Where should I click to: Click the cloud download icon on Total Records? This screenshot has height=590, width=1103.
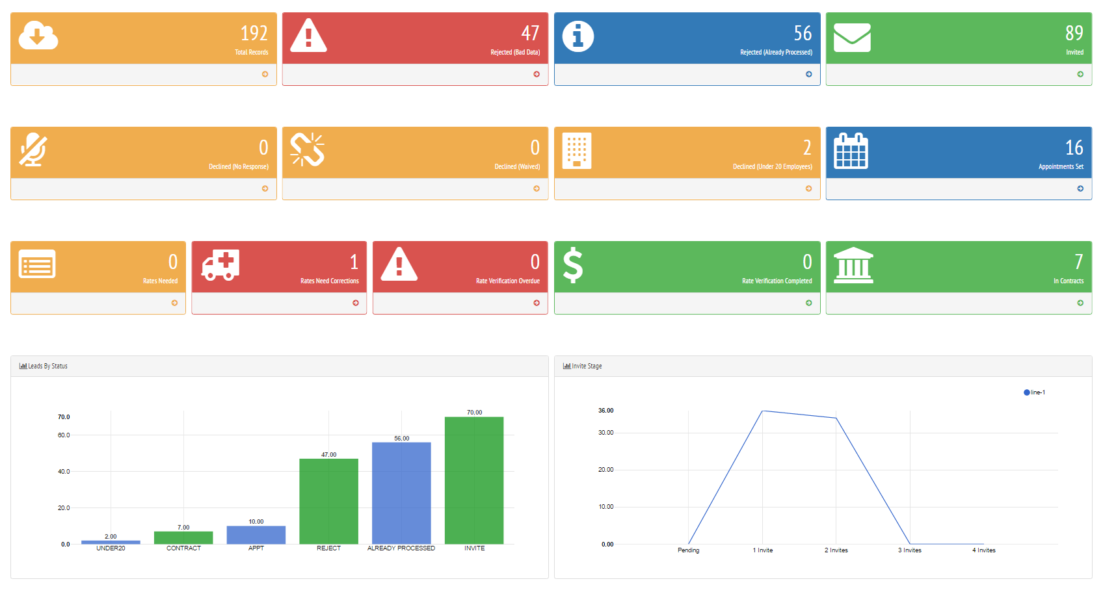[38, 36]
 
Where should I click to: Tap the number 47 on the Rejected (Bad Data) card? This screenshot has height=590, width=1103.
[530, 33]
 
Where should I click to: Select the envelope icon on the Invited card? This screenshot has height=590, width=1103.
[852, 37]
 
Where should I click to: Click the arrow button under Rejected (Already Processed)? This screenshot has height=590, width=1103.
[808, 74]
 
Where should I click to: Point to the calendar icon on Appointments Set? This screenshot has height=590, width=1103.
[851, 151]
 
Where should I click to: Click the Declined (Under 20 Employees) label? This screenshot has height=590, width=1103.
[772, 167]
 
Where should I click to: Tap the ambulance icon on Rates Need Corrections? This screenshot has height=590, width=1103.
[220, 265]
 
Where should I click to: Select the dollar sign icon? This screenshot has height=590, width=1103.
[573, 265]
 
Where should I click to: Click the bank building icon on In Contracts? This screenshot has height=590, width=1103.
[853, 265]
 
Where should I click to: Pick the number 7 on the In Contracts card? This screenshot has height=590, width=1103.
[1078, 262]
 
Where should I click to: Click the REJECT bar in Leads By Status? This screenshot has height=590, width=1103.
[328, 501]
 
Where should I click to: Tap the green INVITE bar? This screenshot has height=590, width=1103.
[474, 480]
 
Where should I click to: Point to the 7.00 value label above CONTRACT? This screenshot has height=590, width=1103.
[183, 528]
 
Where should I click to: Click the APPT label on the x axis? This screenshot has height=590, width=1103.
[256, 548]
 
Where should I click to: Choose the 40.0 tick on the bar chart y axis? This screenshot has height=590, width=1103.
[64, 472]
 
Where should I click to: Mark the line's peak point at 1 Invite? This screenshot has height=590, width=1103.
[762, 411]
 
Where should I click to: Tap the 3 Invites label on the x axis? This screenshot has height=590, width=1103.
[909, 550]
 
